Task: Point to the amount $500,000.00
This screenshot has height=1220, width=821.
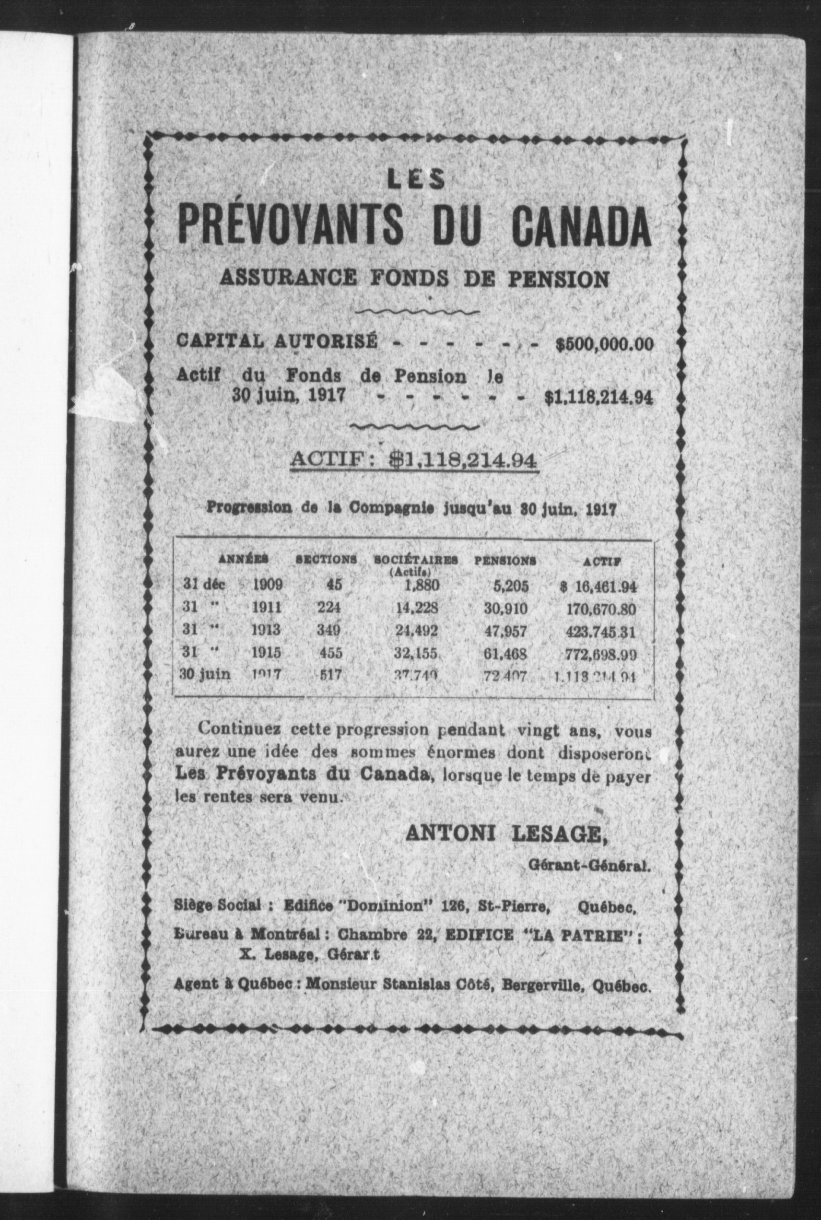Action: pos(604,344)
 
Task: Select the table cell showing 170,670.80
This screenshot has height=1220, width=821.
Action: pos(601,609)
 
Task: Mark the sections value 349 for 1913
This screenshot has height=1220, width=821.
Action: pos(329,631)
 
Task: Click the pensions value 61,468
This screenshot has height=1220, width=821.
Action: pos(505,654)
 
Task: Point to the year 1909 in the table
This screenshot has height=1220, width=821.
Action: pos(268,584)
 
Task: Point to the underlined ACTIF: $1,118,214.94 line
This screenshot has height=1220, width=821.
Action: pos(414,460)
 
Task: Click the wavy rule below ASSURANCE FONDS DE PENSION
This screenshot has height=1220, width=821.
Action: pos(417,312)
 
